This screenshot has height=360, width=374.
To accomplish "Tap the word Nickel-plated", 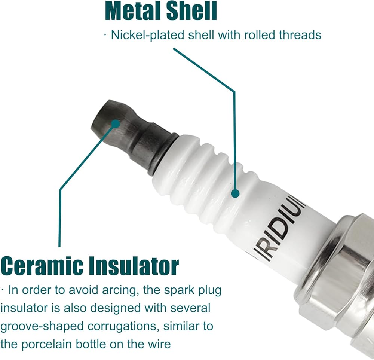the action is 148,35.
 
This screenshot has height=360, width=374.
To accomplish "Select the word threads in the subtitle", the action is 300,35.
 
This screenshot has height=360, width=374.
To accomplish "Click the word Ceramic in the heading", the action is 42,265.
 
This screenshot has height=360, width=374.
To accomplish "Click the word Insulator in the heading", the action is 134,265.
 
